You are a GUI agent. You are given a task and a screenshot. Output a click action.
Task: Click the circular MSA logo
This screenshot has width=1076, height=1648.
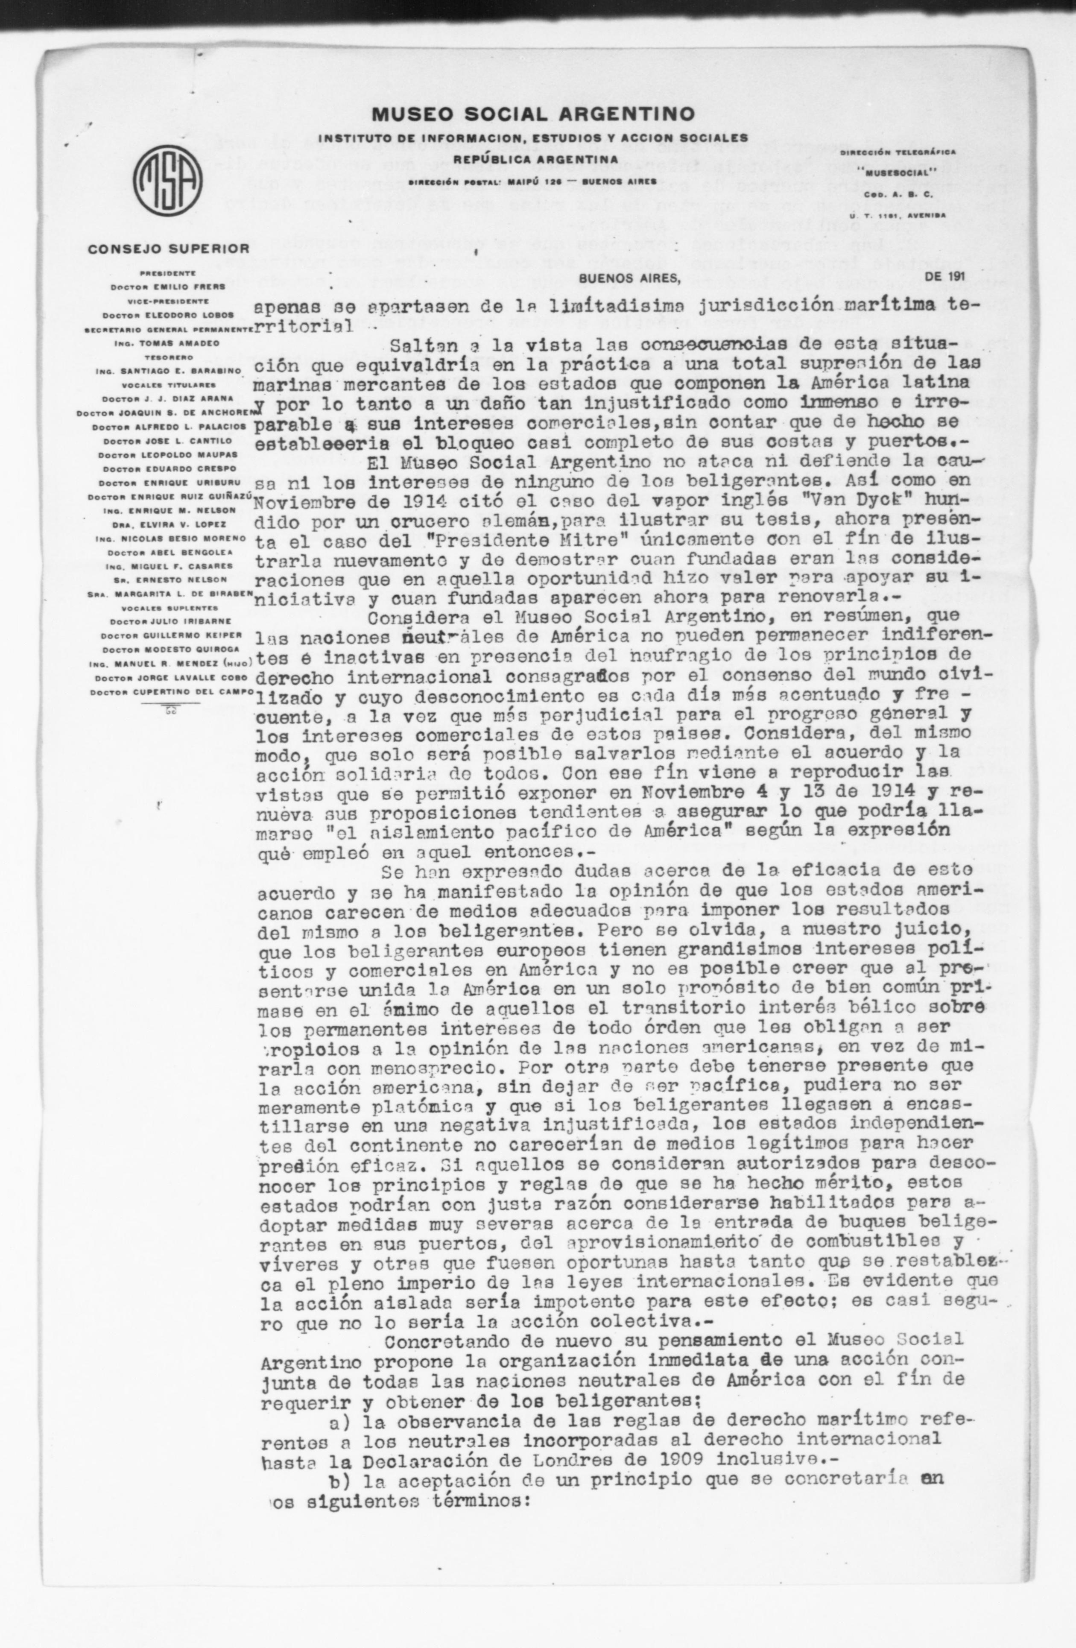click(167, 180)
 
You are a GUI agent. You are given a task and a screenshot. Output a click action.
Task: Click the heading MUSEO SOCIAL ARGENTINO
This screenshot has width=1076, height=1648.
click(532, 114)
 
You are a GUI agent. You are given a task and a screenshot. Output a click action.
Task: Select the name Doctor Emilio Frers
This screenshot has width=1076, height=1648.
click(168, 286)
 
